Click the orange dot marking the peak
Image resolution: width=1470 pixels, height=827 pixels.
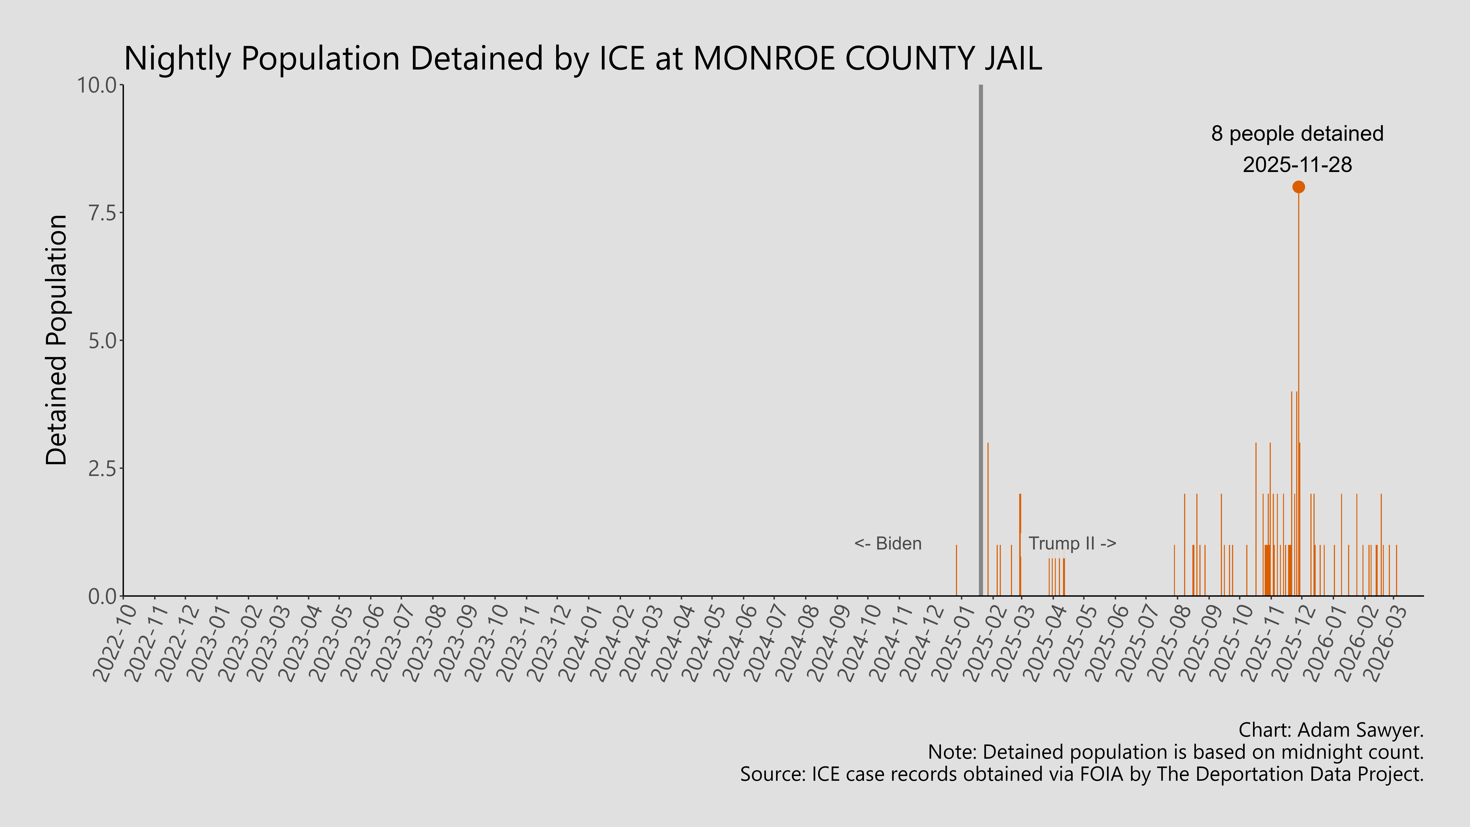1298,187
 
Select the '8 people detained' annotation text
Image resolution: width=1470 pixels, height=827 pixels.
1297,134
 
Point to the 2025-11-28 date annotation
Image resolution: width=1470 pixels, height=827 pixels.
1297,165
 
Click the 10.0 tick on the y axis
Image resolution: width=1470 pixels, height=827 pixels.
100,86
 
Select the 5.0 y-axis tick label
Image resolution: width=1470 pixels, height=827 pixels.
103,341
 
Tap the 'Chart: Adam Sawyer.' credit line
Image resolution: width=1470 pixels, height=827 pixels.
1331,730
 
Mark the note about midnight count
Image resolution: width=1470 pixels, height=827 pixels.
1176,752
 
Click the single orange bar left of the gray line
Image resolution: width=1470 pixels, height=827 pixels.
956,571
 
